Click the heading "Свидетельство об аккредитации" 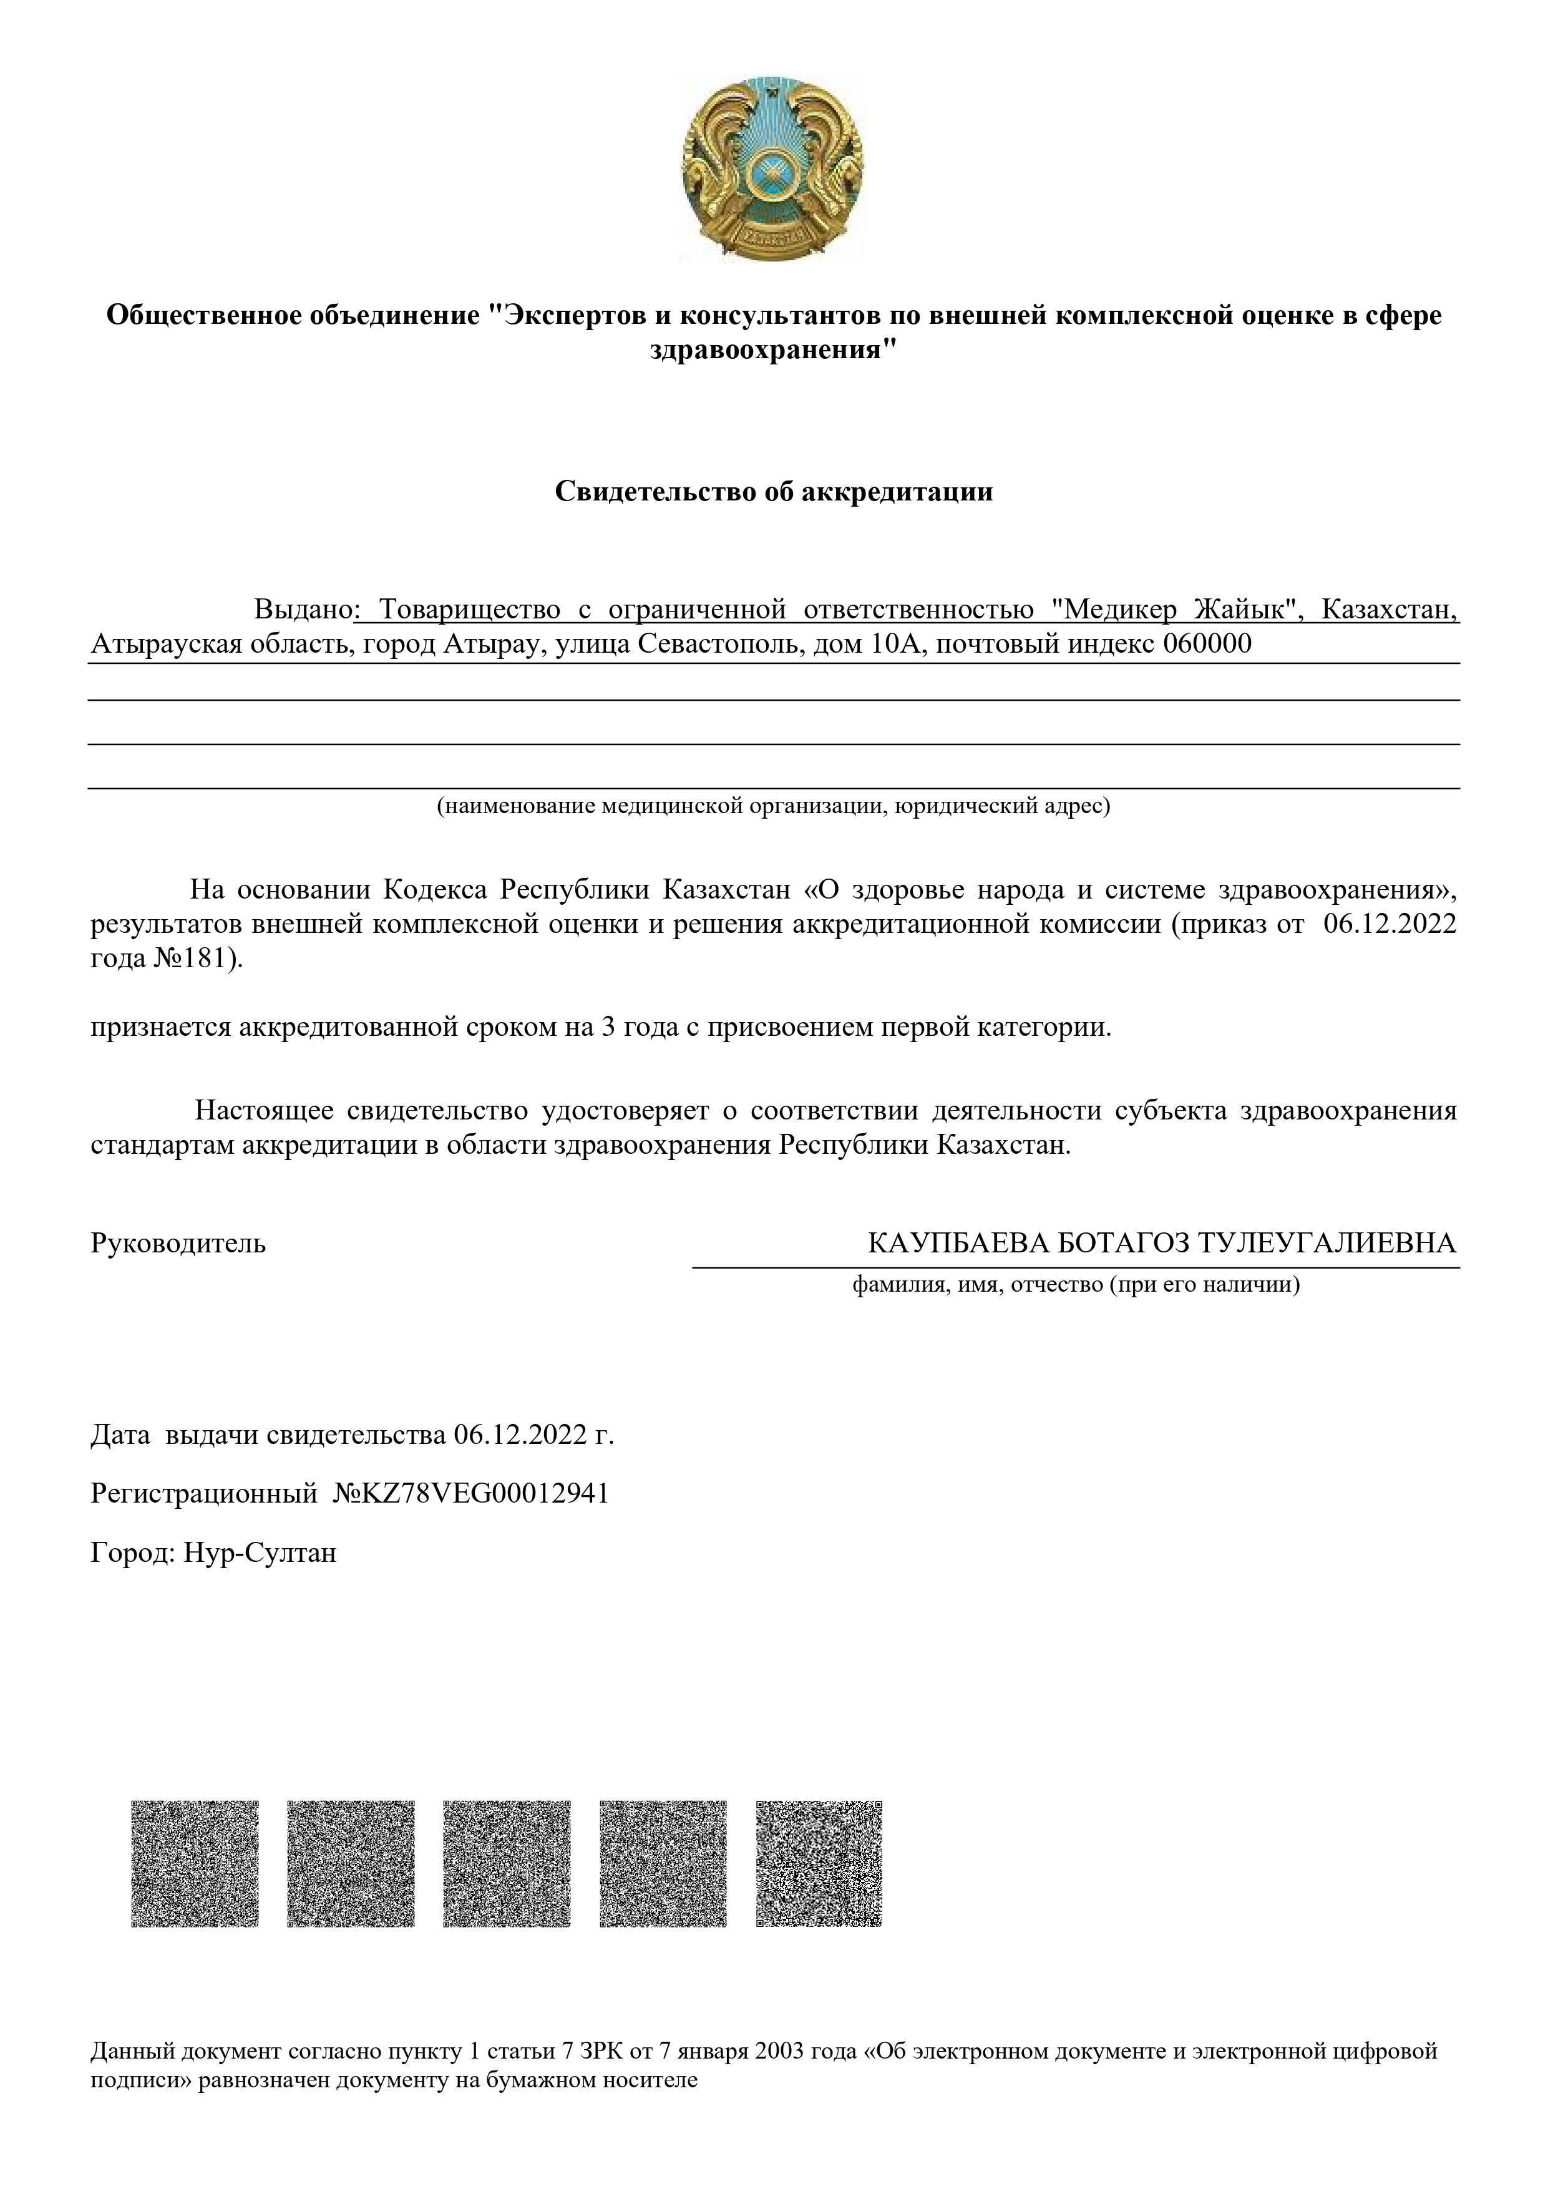773,492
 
